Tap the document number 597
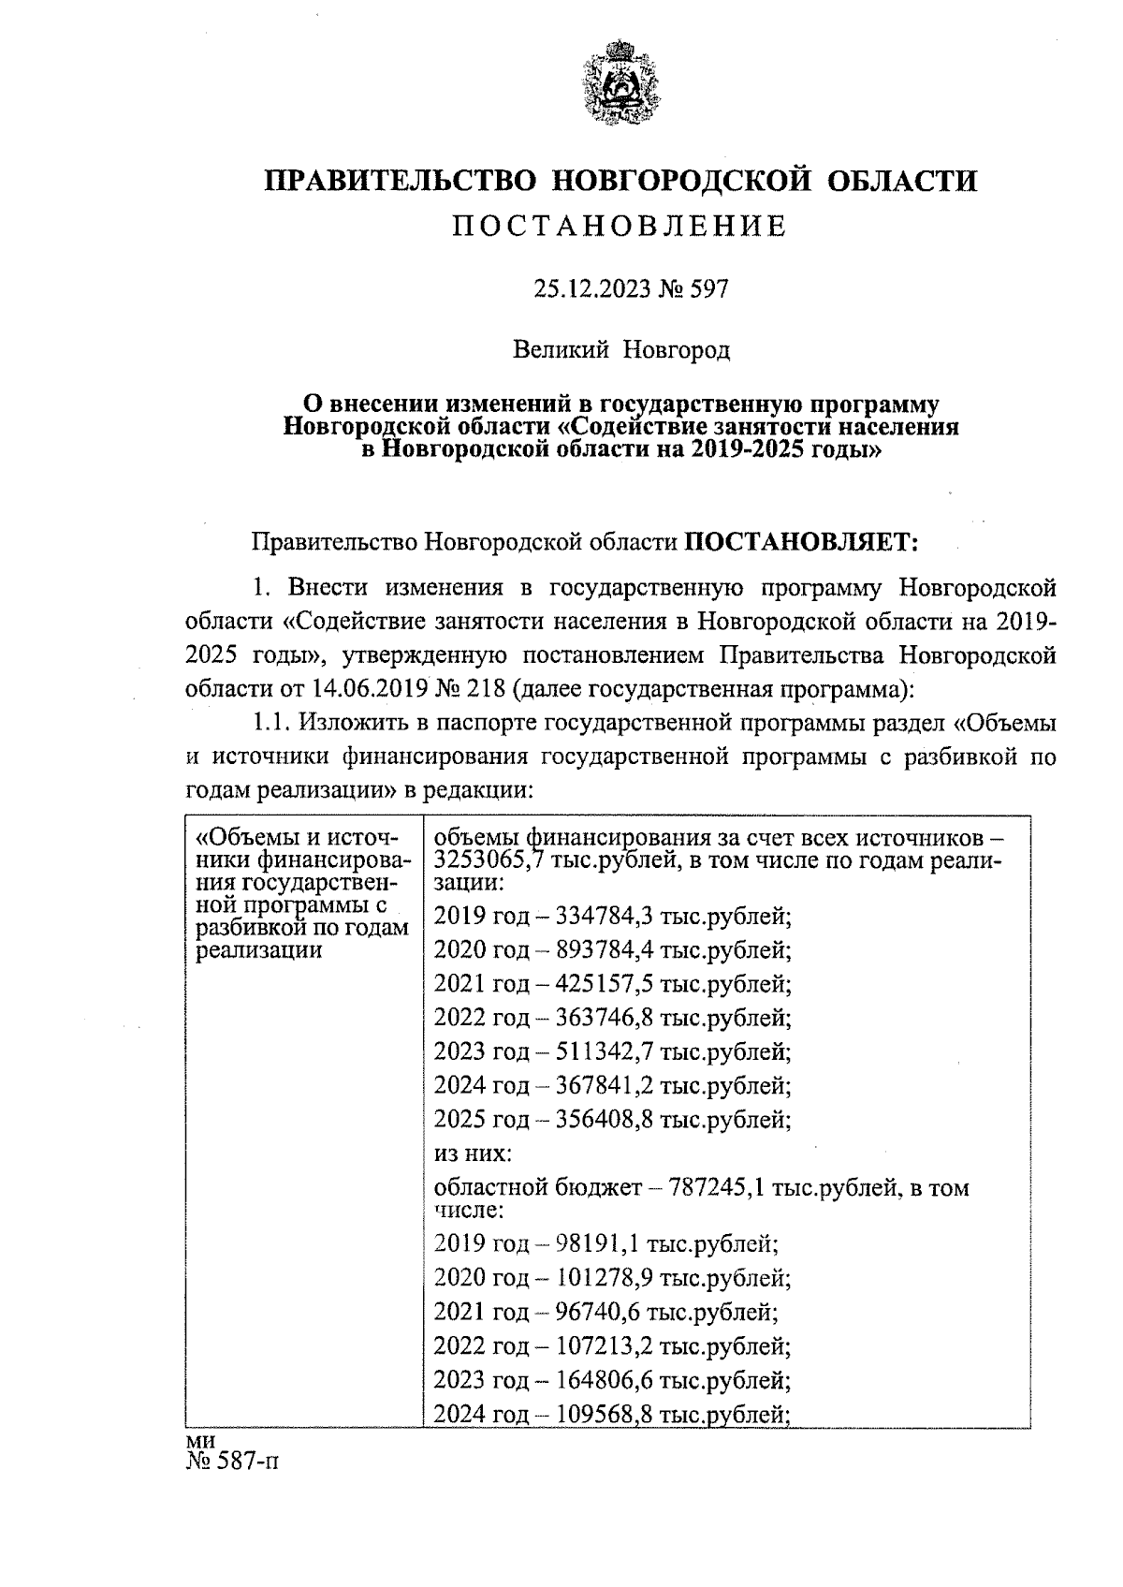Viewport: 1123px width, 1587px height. (x=708, y=289)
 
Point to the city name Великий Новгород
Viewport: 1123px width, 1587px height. (x=620, y=351)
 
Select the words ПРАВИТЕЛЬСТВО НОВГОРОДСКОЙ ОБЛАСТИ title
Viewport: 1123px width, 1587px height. (x=620, y=179)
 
